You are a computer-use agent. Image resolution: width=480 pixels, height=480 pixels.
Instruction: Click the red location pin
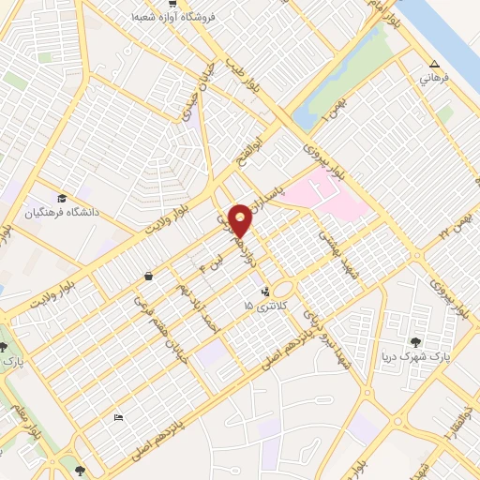point(241,219)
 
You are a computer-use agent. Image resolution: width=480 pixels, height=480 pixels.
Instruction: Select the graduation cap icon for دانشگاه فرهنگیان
point(62,198)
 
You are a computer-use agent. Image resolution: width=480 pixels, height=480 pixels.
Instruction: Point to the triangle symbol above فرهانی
point(433,65)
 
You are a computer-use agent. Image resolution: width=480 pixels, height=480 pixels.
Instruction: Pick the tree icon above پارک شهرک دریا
point(414,342)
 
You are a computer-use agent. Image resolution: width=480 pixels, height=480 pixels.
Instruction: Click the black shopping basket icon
point(149,276)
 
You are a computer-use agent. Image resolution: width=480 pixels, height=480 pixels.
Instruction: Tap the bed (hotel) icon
point(117,417)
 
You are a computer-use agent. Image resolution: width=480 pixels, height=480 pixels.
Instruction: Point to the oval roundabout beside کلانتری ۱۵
point(283,288)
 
